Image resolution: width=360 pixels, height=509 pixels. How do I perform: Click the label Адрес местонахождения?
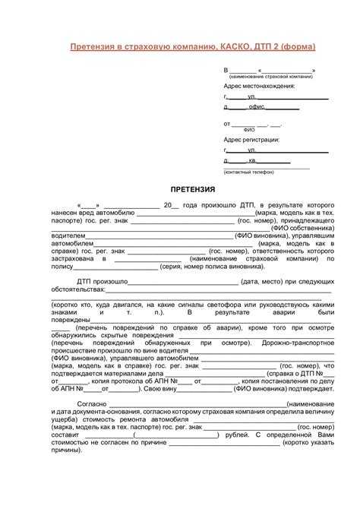click(x=259, y=86)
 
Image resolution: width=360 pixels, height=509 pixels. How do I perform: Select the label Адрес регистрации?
click(x=251, y=140)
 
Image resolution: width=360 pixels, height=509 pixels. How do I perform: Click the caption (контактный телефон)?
click(x=248, y=172)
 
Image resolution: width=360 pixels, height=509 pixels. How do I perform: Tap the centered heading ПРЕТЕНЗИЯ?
click(x=193, y=188)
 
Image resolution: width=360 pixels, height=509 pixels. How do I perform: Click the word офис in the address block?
click(x=257, y=107)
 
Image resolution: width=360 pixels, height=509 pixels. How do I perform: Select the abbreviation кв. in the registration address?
click(x=253, y=161)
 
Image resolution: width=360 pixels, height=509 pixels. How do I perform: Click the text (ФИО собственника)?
click(x=308, y=227)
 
